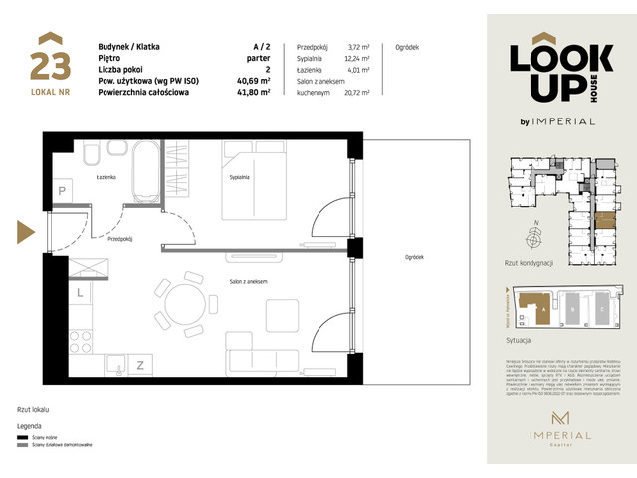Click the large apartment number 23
click(50, 66)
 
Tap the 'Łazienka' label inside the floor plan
click(108, 177)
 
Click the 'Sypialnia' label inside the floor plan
click(239, 177)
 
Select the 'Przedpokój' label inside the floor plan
click(120, 240)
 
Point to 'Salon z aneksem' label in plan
click(249, 282)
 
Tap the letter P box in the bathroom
click(61, 190)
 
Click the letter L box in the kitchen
click(79, 293)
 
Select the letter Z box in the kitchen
click(140, 365)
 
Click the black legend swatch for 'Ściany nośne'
click(22, 438)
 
